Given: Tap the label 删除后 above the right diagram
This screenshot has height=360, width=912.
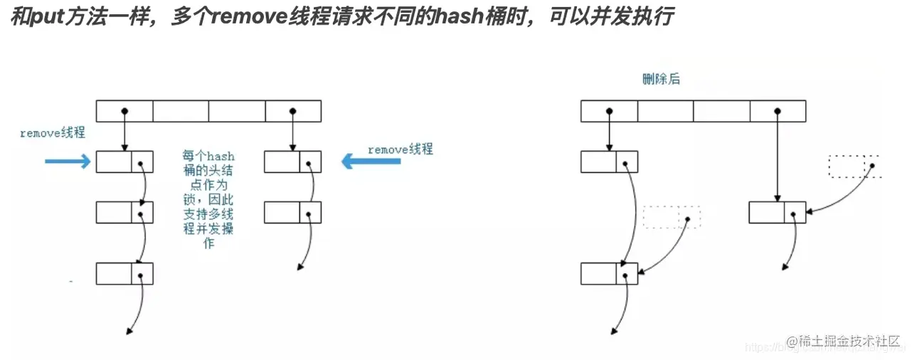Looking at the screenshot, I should pyautogui.click(x=660, y=79).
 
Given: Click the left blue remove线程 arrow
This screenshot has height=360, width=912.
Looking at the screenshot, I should pyautogui.click(x=68, y=162).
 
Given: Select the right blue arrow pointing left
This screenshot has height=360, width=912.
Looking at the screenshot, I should pyautogui.click(x=371, y=162).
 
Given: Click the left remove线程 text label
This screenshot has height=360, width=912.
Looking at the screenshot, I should pyautogui.click(x=53, y=133).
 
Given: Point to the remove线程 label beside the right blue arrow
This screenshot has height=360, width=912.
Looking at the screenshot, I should pyautogui.click(x=400, y=149).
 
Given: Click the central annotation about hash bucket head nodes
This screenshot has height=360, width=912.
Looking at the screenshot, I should pyautogui.click(x=208, y=200).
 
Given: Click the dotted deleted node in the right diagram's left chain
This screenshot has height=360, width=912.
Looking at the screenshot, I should pyautogui.click(x=671, y=217).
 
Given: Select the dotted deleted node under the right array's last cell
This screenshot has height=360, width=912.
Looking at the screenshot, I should pyautogui.click(x=854, y=166).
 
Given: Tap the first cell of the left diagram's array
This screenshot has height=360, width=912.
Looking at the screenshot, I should pyautogui.click(x=124, y=111).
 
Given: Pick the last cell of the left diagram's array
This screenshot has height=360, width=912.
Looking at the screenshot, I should pyautogui.click(x=293, y=111).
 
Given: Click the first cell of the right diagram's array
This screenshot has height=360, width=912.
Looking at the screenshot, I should pyautogui.click(x=609, y=111).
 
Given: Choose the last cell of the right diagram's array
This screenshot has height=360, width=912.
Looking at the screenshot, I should pyautogui.click(x=778, y=111).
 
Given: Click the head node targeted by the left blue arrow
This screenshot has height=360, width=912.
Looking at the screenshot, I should pyautogui.click(x=124, y=162).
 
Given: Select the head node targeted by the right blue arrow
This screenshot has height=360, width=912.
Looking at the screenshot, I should pyautogui.click(x=292, y=162).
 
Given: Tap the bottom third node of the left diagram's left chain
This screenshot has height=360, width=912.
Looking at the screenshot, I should pyautogui.click(x=124, y=274).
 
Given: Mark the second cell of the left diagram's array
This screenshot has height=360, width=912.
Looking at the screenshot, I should pyautogui.click(x=181, y=111).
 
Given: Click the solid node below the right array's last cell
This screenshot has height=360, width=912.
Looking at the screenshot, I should pyautogui.click(x=777, y=212).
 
